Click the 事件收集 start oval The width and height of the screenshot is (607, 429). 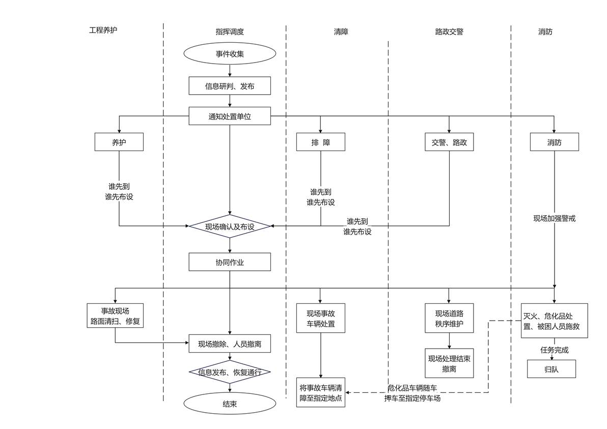(x=230, y=54)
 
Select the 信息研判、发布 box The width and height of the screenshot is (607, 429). (x=230, y=86)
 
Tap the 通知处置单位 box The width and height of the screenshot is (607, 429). (x=230, y=116)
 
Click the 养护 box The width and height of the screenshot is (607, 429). (x=119, y=142)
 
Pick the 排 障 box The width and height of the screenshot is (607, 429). (x=321, y=142)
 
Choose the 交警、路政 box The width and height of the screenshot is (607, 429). (x=449, y=142)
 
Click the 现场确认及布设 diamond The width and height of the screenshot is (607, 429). (x=230, y=226)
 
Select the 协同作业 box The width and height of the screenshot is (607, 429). (x=230, y=262)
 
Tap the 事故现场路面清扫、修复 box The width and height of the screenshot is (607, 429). (x=115, y=316)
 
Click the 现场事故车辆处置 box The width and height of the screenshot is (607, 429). (x=321, y=318)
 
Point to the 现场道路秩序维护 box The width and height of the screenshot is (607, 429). (x=449, y=318)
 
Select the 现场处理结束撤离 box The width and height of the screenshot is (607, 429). (x=449, y=363)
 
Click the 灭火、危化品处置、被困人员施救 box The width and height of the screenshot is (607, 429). (x=555, y=321)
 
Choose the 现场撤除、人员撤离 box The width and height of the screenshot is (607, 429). (x=230, y=344)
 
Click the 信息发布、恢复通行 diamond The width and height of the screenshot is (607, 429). (x=230, y=372)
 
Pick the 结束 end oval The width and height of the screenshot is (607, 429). (x=230, y=404)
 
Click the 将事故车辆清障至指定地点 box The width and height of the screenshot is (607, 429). (x=321, y=393)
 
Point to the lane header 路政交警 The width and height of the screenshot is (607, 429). (x=449, y=32)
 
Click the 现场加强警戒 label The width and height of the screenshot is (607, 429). (x=555, y=218)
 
